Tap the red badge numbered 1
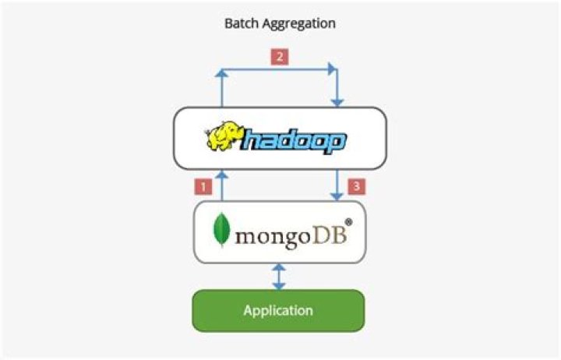(203, 186)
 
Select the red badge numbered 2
(278, 57)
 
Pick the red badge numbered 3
(357, 186)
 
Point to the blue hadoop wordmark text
(295, 141)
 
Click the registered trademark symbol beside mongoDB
(348, 222)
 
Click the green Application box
(278, 310)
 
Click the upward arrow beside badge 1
(221, 186)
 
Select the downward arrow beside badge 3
(337, 186)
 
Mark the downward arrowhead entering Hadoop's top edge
(337, 101)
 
